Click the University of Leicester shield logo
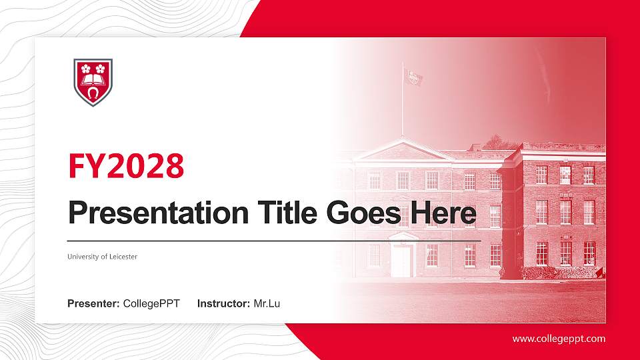[93, 82]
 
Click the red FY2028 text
[126, 166]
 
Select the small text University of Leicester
[102, 257]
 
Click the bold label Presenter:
[93, 304]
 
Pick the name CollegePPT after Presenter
[151, 304]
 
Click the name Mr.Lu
[267, 304]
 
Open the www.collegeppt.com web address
[559, 339]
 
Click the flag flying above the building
[413, 77]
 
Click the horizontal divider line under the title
[274, 240]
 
